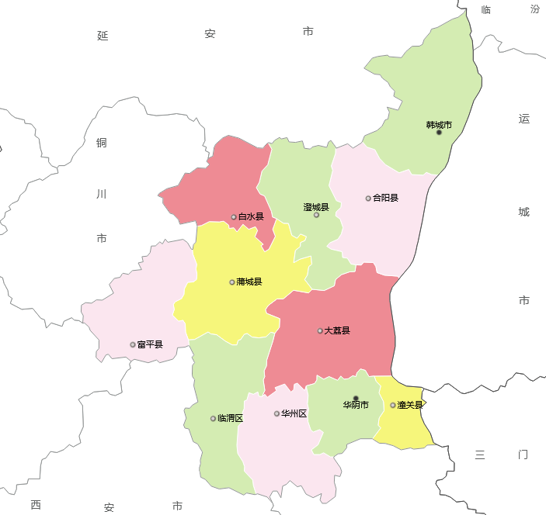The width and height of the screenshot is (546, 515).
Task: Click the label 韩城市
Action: (439, 125)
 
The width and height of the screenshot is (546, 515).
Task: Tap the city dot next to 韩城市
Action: (439, 133)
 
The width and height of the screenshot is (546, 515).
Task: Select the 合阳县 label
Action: (385, 198)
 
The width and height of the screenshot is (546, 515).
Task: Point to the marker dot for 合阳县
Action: (368, 199)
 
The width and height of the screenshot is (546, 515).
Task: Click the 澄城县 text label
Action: (316, 207)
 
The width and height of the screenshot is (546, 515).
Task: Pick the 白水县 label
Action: (251, 216)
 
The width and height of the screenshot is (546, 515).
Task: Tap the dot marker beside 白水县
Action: (234, 217)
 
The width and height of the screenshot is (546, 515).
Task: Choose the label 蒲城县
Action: (249, 282)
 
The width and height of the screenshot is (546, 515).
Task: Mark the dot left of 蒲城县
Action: (232, 282)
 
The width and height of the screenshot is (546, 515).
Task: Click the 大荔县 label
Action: (337, 330)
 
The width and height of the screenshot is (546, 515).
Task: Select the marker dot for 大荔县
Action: (320, 331)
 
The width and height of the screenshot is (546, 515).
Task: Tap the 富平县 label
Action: (150, 344)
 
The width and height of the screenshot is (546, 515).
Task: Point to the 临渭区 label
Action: (231, 418)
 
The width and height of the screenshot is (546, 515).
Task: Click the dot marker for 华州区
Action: (276, 413)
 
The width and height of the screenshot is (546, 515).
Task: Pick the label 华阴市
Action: (356, 405)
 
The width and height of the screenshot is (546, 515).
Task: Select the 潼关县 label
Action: (410, 405)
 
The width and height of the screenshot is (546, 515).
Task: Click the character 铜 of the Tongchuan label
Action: (102, 143)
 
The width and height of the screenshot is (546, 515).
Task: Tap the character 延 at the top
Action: (103, 35)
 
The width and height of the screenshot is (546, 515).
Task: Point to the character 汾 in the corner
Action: (535, 9)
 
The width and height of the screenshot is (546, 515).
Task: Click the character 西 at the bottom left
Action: (36, 505)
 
